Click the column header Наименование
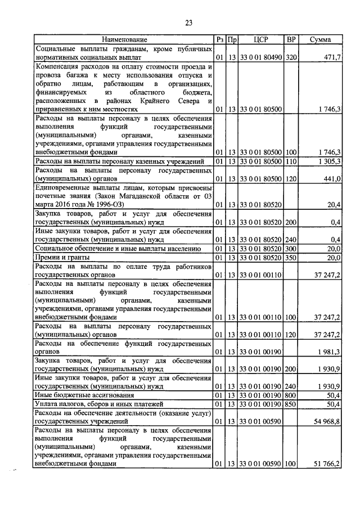124,40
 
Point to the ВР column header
291,40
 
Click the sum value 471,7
330,58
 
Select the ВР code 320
291,58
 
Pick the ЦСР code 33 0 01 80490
260,58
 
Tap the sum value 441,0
330,179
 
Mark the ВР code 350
291,257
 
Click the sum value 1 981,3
327,352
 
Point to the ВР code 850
291,404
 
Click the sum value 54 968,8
325,421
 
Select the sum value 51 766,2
325,464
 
